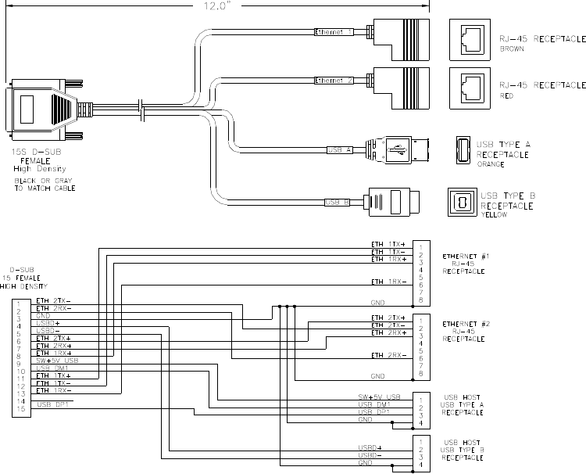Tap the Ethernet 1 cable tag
coord(334,33)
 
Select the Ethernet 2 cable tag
coord(334,81)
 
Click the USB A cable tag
coord(339,149)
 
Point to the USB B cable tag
coord(337,203)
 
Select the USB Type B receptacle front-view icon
coord(461,202)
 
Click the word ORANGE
coord(490,165)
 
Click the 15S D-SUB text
coord(34,153)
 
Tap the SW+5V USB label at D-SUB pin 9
coord(56,360)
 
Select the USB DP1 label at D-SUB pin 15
coord(53,404)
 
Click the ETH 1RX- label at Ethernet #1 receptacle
coord(388,280)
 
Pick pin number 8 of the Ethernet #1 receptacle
coord(421,300)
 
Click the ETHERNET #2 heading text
coord(466,323)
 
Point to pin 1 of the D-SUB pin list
coord(18,301)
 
